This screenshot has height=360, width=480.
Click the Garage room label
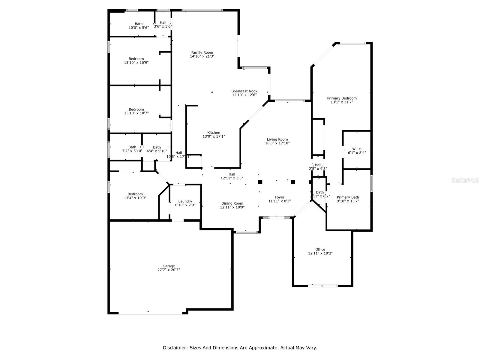[169, 266]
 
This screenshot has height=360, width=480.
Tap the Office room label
[320, 249]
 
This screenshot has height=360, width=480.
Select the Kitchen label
[214, 133]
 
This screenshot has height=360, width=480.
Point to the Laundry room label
[185, 201]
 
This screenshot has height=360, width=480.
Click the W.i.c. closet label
[357, 149]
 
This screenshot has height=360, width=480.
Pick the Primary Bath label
[348, 197]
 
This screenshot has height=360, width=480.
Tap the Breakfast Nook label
[244, 91]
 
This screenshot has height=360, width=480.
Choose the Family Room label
[202, 52]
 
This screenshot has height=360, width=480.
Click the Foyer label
[280, 197]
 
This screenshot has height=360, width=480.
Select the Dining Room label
[232, 203]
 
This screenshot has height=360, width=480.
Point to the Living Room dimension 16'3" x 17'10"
[277, 143]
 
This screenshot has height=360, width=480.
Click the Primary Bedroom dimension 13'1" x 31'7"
[342, 102]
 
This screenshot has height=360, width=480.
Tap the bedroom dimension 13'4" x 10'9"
[135, 198]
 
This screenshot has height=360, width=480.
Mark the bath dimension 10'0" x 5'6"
[139, 28]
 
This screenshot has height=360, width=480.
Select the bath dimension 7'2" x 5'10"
[132, 151]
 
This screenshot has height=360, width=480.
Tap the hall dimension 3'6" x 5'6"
[163, 26]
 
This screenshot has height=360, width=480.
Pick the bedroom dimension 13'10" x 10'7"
[136, 113]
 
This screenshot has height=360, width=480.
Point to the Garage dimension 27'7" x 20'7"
[169, 270]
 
